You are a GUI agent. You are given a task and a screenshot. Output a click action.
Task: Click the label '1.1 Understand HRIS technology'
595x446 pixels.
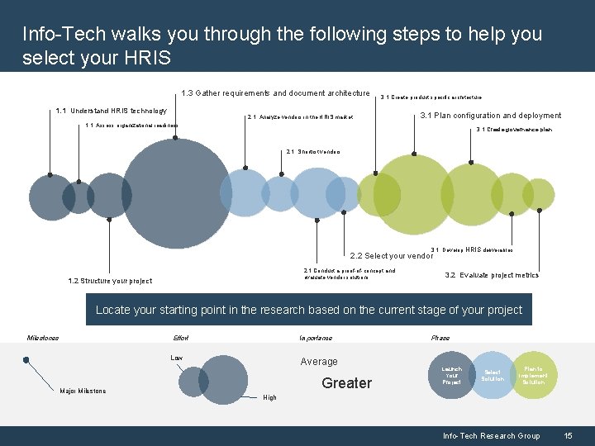point(111,111)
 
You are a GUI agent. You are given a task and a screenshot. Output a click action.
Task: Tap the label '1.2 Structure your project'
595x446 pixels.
point(110,281)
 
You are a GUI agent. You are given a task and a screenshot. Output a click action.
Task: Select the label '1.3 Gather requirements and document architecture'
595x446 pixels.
point(275,93)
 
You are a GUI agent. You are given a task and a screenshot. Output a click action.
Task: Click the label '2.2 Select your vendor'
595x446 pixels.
point(392,256)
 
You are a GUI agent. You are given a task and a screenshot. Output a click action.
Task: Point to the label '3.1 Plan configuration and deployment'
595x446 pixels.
point(491,116)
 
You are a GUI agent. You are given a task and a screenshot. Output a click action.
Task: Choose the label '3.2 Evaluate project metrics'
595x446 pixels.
point(492,275)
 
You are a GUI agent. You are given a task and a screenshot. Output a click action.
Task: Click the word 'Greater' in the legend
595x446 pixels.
point(347,383)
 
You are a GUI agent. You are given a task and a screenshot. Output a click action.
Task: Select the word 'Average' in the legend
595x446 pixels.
point(319,362)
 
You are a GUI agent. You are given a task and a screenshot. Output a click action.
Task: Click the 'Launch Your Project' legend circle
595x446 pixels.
point(452,375)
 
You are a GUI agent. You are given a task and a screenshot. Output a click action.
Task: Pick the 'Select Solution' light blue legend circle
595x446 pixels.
point(493,375)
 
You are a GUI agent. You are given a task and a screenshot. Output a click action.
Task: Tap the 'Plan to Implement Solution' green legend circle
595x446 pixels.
point(533,375)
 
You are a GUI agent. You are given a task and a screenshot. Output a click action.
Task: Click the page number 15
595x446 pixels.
point(568,436)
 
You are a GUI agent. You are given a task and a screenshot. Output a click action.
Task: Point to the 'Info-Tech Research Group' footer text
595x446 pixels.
point(491,436)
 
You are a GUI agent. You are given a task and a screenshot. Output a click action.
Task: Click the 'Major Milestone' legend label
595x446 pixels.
point(83,391)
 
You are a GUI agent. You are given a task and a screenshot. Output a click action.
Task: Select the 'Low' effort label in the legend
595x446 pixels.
point(176,358)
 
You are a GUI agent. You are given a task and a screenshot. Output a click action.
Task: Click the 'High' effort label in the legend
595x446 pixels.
point(269,398)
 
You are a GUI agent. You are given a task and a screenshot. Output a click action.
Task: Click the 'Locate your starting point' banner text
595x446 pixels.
point(309,311)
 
